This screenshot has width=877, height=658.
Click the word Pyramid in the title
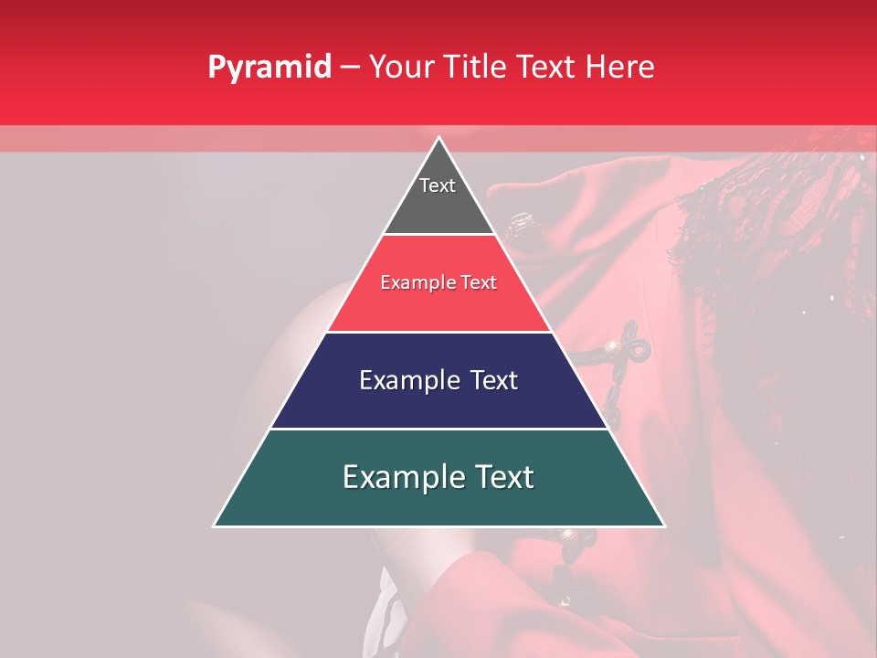click(x=269, y=67)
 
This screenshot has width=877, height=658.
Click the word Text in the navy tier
click(x=494, y=380)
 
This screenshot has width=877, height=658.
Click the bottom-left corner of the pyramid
click(x=215, y=525)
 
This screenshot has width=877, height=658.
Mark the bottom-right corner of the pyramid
click(x=663, y=525)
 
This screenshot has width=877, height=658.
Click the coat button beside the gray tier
click(x=521, y=223)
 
